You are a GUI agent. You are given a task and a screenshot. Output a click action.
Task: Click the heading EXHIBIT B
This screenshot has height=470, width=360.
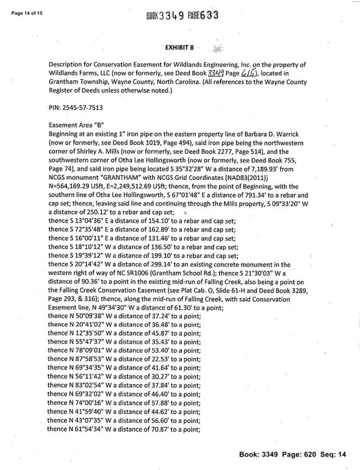point(179,47)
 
